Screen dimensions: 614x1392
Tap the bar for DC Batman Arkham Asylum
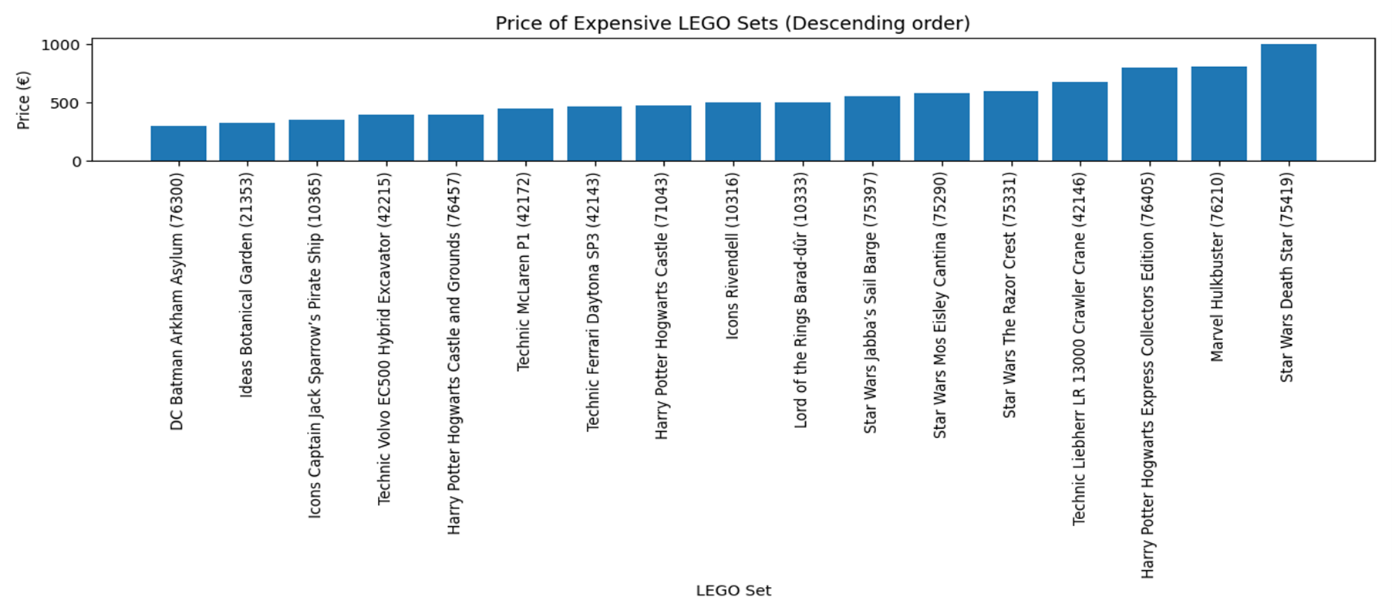178,143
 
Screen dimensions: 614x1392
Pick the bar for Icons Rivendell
733,132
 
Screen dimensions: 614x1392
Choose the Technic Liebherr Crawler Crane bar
1080,122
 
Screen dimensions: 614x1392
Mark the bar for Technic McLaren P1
524,135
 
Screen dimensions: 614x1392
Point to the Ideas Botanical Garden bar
247,142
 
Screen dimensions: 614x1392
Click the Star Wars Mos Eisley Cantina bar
941,127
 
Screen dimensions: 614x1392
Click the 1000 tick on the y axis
60,46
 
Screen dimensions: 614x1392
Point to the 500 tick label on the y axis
66,103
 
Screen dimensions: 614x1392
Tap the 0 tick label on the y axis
76,162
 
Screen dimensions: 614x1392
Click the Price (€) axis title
24,100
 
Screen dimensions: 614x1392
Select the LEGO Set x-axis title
733,591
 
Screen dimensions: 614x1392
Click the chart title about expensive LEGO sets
733,23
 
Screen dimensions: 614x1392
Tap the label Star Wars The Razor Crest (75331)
1009,295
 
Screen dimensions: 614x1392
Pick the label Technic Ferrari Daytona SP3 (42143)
592,302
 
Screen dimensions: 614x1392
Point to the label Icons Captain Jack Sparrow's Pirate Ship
315,345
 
